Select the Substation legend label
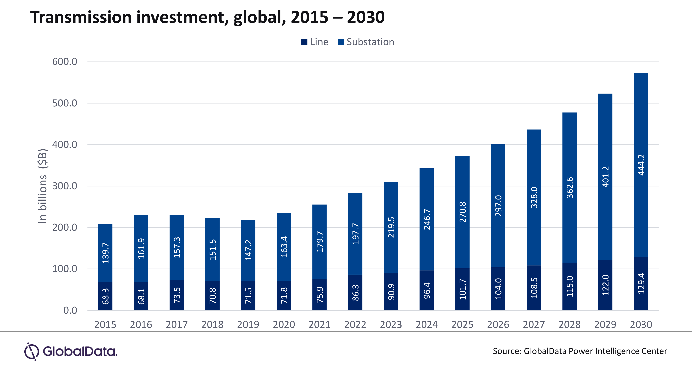pyautogui.click(x=370, y=42)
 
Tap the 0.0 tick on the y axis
pyautogui.click(x=70, y=310)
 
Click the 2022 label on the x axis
pyautogui.click(x=355, y=324)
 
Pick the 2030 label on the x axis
pyautogui.click(x=641, y=324)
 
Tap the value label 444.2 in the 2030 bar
pyautogui.click(x=641, y=165)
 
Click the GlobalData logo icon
pyautogui.click(x=32, y=351)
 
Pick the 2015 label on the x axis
pyautogui.click(x=105, y=324)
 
